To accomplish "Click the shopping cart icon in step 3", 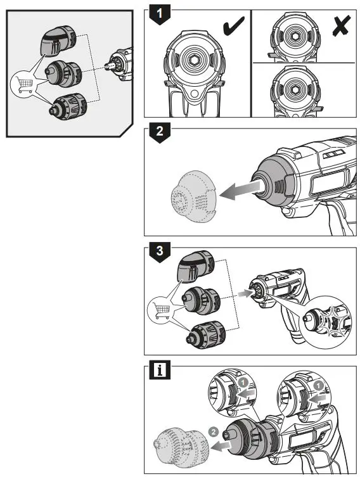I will [159, 310].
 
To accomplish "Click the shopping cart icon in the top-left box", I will [24, 84].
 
